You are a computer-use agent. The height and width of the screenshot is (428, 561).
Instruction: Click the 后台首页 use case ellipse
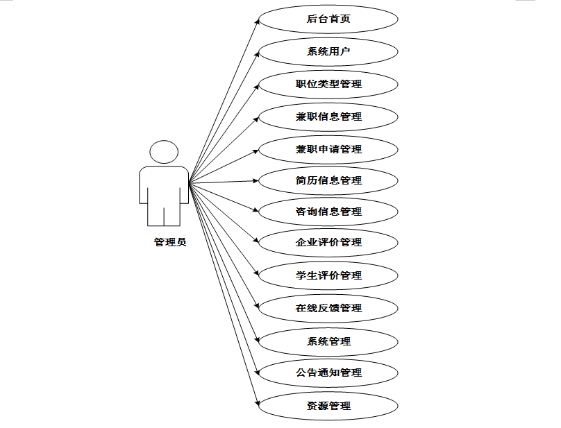328,19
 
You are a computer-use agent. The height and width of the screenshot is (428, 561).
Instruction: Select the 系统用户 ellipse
328,51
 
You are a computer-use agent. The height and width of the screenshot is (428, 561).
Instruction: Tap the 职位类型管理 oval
328,84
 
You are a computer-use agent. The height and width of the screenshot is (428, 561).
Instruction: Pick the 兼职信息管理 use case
328,117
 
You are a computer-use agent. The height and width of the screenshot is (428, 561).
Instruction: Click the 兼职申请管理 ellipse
328,149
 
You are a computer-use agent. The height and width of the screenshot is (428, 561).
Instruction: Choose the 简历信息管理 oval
328,180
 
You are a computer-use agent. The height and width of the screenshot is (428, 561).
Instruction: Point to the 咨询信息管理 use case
328,212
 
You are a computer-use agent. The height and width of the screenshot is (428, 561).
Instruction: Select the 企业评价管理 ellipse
328,242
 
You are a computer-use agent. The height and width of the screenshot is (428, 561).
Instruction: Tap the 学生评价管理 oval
328,275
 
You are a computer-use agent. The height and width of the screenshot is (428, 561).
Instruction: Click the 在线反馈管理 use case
328,308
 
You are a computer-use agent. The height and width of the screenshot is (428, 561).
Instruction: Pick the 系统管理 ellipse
328,341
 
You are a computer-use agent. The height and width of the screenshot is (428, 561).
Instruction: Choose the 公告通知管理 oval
328,373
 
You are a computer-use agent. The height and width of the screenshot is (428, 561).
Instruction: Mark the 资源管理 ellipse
328,406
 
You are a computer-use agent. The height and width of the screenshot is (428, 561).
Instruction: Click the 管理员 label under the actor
170,243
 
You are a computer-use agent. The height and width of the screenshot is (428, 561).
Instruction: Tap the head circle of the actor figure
164,153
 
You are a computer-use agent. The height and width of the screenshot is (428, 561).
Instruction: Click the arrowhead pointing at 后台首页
256,22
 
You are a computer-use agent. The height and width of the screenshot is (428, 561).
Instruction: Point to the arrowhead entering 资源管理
256,403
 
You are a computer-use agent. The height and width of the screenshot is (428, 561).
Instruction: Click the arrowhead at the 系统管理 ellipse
256,339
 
